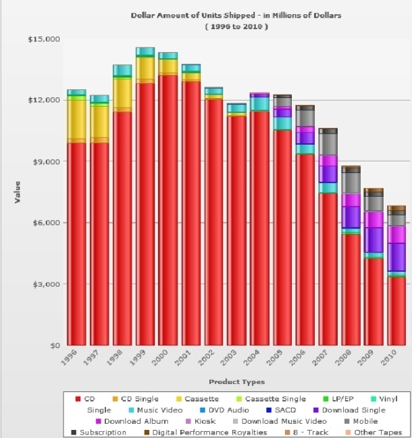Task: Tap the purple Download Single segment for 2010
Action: click(396, 257)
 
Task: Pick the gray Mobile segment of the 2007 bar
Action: click(328, 143)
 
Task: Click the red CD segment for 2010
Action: click(396, 311)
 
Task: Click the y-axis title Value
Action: click(18, 192)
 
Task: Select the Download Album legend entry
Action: click(132, 421)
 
